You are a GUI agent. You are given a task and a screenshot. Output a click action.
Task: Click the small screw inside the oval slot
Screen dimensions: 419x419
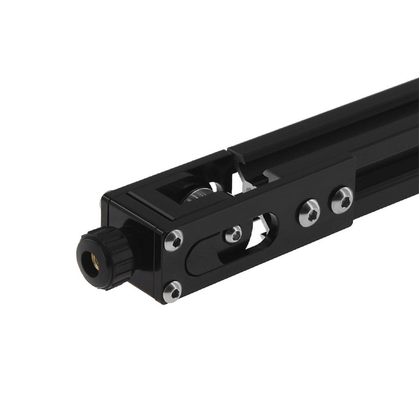pyautogui.click(x=234, y=234)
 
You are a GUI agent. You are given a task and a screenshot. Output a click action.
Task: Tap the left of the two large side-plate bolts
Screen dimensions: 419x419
pyautogui.click(x=309, y=212)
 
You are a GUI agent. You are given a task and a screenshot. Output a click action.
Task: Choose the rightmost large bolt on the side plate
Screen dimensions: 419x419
pyautogui.click(x=342, y=200)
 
